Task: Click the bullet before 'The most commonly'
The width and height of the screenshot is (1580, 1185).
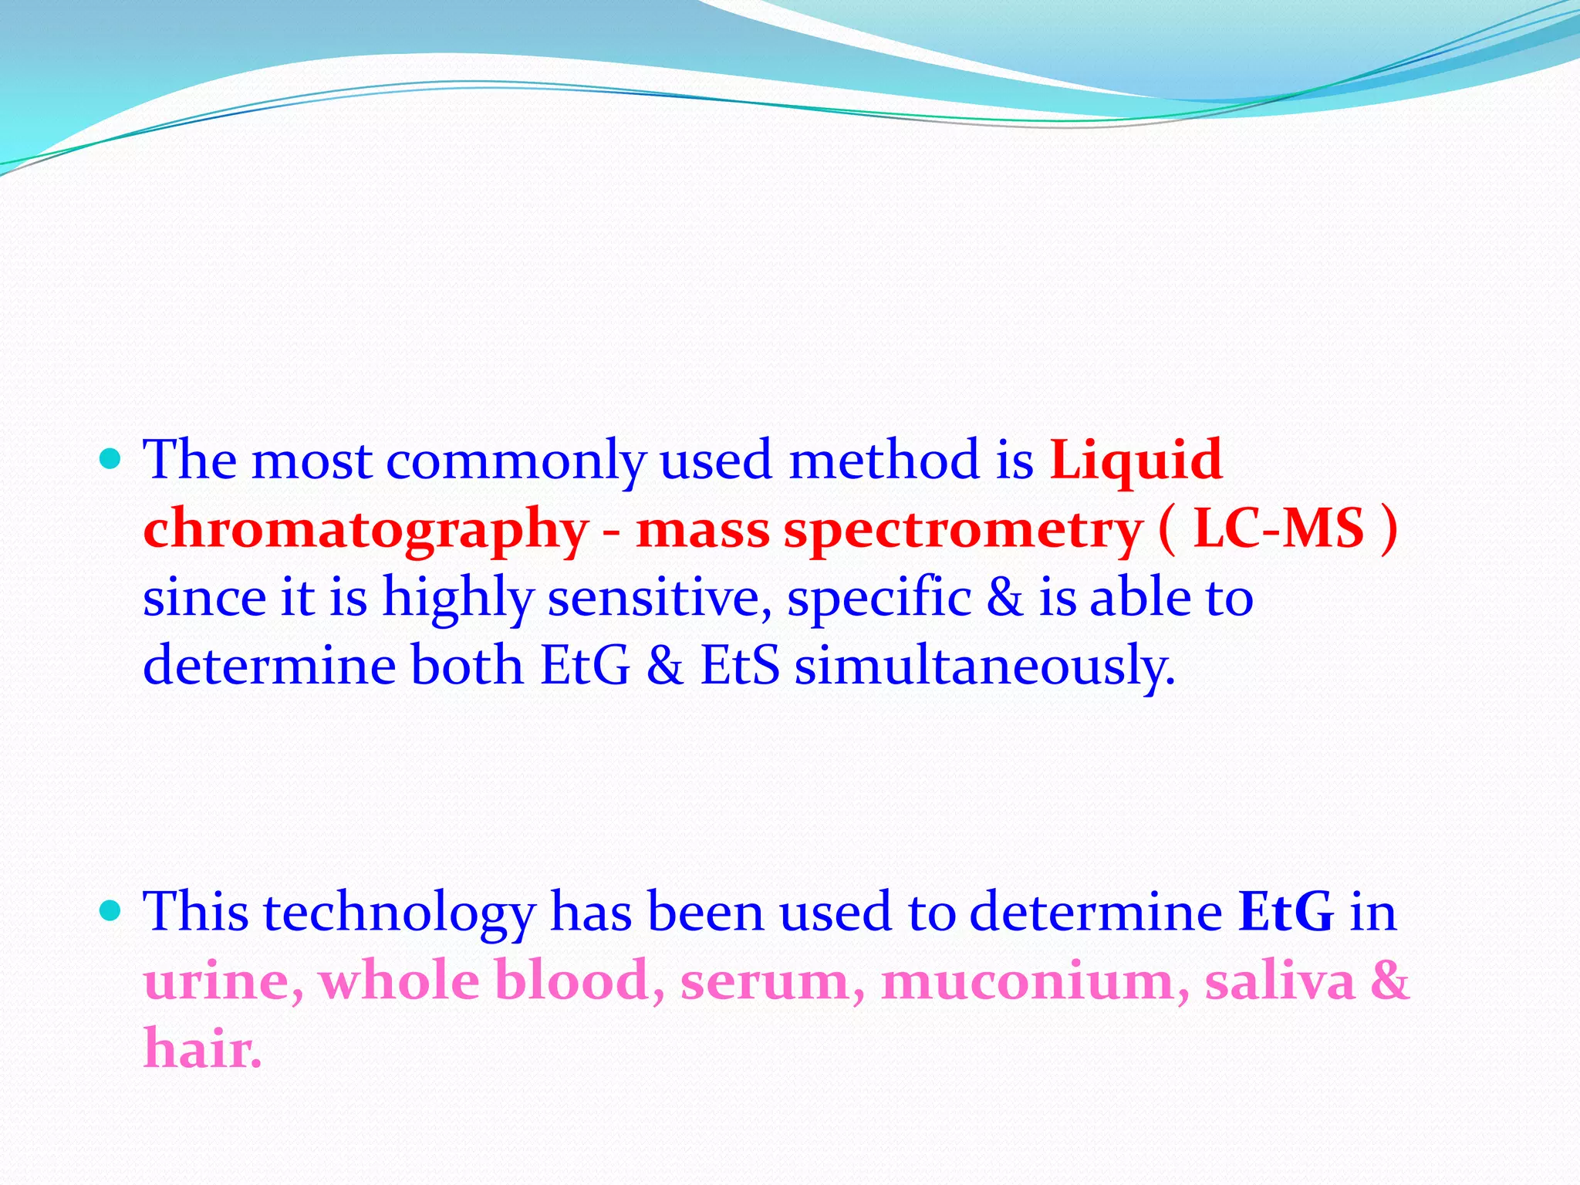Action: [111, 461]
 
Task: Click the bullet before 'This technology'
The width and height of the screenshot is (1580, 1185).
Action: [111, 913]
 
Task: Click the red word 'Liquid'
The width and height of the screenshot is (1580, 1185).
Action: [1136, 461]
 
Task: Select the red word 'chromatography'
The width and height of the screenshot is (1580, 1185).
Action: [366, 531]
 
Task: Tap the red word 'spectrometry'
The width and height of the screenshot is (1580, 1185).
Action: [963, 531]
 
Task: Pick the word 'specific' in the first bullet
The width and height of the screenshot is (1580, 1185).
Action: [879, 598]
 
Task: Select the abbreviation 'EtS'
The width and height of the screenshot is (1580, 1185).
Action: [740, 666]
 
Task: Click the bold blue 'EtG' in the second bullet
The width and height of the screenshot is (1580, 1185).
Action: [1286, 913]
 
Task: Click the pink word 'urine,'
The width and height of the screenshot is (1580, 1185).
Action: [223, 982]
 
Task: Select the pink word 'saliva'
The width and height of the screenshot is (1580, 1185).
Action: [1280, 981]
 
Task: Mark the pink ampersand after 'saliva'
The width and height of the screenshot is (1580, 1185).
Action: [1389, 981]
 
